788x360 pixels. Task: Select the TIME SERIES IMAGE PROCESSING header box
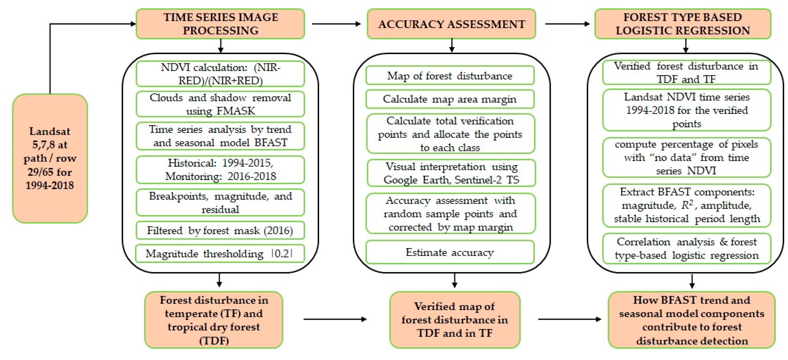[x=220, y=24]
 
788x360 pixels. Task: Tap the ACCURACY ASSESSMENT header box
[x=451, y=24]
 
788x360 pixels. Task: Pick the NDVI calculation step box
[x=220, y=74]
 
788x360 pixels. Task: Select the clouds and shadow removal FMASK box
[x=220, y=104]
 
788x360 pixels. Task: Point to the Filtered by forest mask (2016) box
[x=220, y=230]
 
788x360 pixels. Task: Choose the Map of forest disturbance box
[x=450, y=76]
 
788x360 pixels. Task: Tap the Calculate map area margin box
[x=450, y=99]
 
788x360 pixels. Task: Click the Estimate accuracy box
[x=450, y=252]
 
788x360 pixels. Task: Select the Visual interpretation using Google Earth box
[x=451, y=173]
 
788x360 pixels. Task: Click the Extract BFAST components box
[x=687, y=205]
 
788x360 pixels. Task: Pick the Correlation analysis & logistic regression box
[x=687, y=248]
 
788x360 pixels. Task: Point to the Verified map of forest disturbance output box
[x=455, y=320]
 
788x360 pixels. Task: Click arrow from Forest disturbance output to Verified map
[x=335, y=319]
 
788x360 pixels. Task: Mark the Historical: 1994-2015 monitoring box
[x=220, y=170]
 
